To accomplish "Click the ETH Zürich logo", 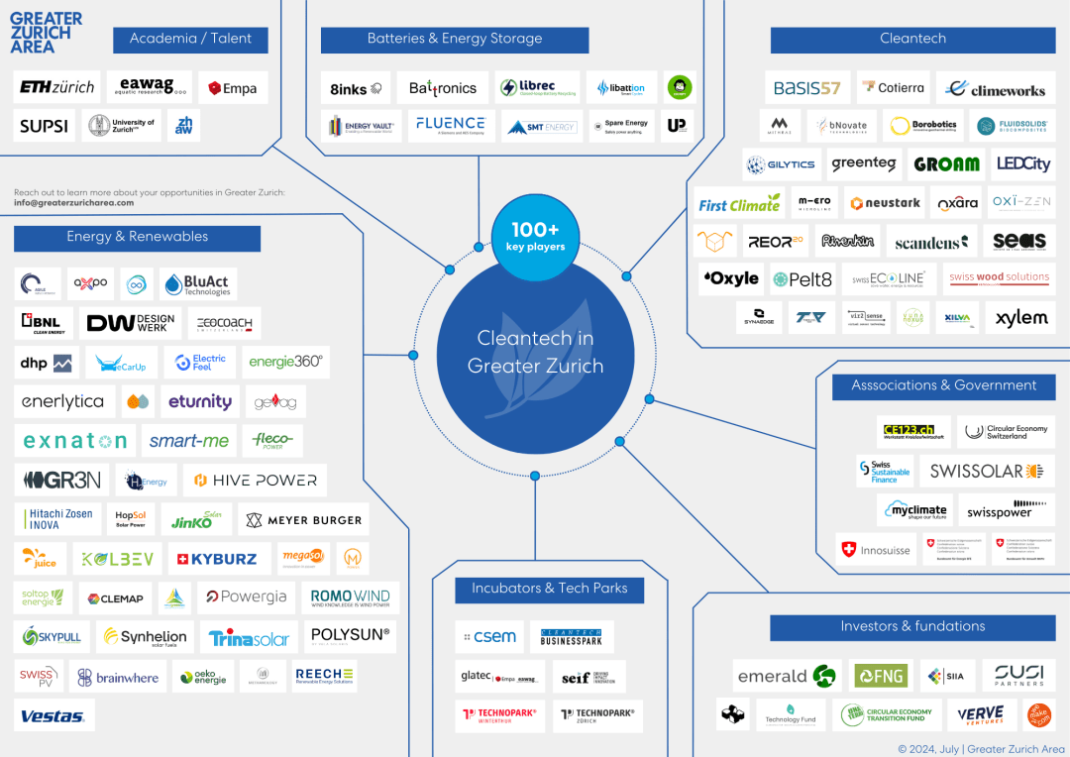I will pyautogui.click(x=56, y=87).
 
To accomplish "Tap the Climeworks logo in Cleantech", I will pyautogui.click(x=996, y=88).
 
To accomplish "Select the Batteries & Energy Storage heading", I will pyautogui.click(x=455, y=40).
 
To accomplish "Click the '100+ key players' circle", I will pyautogui.click(x=535, y=237).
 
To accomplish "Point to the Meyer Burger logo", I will pyautogui.click(x=303, y=519).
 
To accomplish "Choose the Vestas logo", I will pyautogui.click(x=54, y=715).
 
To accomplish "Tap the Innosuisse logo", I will pyautogui.click(x=875, y=550).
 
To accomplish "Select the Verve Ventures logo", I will pyautogui.click(x=981, y=714).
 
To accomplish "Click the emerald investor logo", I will pyautogui.click(x=787, y=677).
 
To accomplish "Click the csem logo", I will pyautogui.click(x=488, y=637).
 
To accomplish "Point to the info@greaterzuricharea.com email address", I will pyautogui.click(x=73, y=203).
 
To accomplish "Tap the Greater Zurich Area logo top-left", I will pyautogui.click(x=46, y=33).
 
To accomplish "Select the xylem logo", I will pyautogui.click(x=1020, y=318).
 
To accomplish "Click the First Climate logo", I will pyautogui.click(x=739, y=204).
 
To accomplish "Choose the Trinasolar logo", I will pyautogui.click(x=249, y=638).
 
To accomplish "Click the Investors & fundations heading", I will pyautogui.click(x=912, y=627).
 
